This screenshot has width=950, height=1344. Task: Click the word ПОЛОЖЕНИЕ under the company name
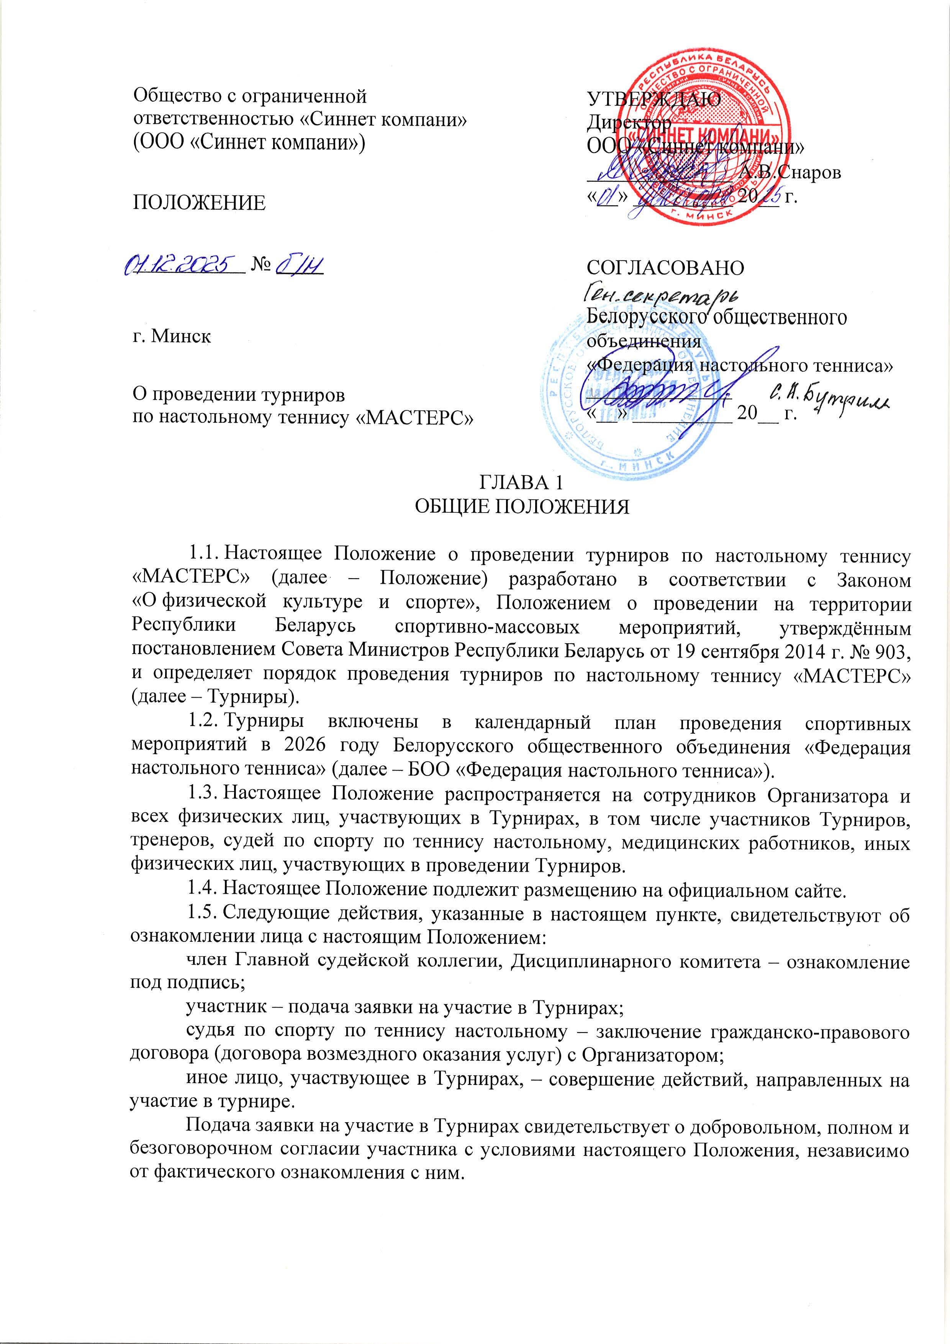point(200,203)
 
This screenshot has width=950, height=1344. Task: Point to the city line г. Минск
point(171,337)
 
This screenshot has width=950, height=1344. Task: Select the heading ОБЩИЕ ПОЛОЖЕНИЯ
point(521,506)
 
